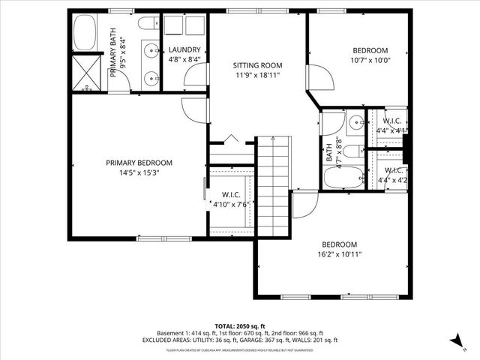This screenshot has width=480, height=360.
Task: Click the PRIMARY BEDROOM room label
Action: pyautogui.click(x=139, y=163)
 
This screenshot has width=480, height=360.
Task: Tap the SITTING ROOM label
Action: pyautogui.click(x=256, y=65)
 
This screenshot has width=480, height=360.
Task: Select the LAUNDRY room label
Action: pyautogui.click(x=184, y=49)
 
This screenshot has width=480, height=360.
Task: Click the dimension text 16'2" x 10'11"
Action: pyautogui.click(x=340, y=254)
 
